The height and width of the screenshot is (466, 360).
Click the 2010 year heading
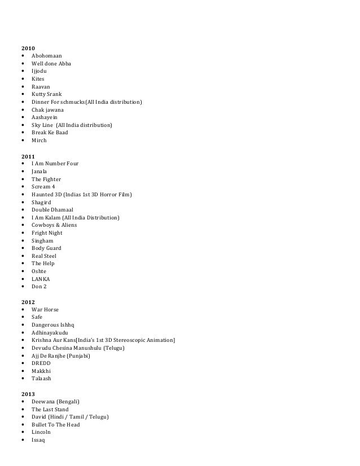point(28,49)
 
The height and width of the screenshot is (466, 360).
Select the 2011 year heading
point(28,156)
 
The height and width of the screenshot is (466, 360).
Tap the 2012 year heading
point(28,302)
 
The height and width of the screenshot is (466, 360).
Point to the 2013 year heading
point(28,394)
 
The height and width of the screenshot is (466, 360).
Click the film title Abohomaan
point(47,56)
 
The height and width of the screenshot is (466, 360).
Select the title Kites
point(38,79)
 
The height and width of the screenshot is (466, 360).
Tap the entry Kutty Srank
point(47,94)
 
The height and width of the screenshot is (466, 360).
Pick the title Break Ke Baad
point(50,133)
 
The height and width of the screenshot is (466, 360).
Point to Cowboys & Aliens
point(55,225)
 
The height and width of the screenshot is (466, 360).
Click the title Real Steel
point(44,256)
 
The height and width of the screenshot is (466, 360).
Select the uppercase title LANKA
point(41,279)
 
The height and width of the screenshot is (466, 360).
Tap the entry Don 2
point(39,287)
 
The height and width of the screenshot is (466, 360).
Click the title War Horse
point(45,310)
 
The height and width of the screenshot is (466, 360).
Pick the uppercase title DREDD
point(41,363)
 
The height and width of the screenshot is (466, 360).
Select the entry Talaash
point(42,379)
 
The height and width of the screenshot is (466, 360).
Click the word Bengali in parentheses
point(68,402)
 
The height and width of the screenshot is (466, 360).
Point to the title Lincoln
point(41,432)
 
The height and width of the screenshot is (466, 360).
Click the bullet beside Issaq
point(23,440)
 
